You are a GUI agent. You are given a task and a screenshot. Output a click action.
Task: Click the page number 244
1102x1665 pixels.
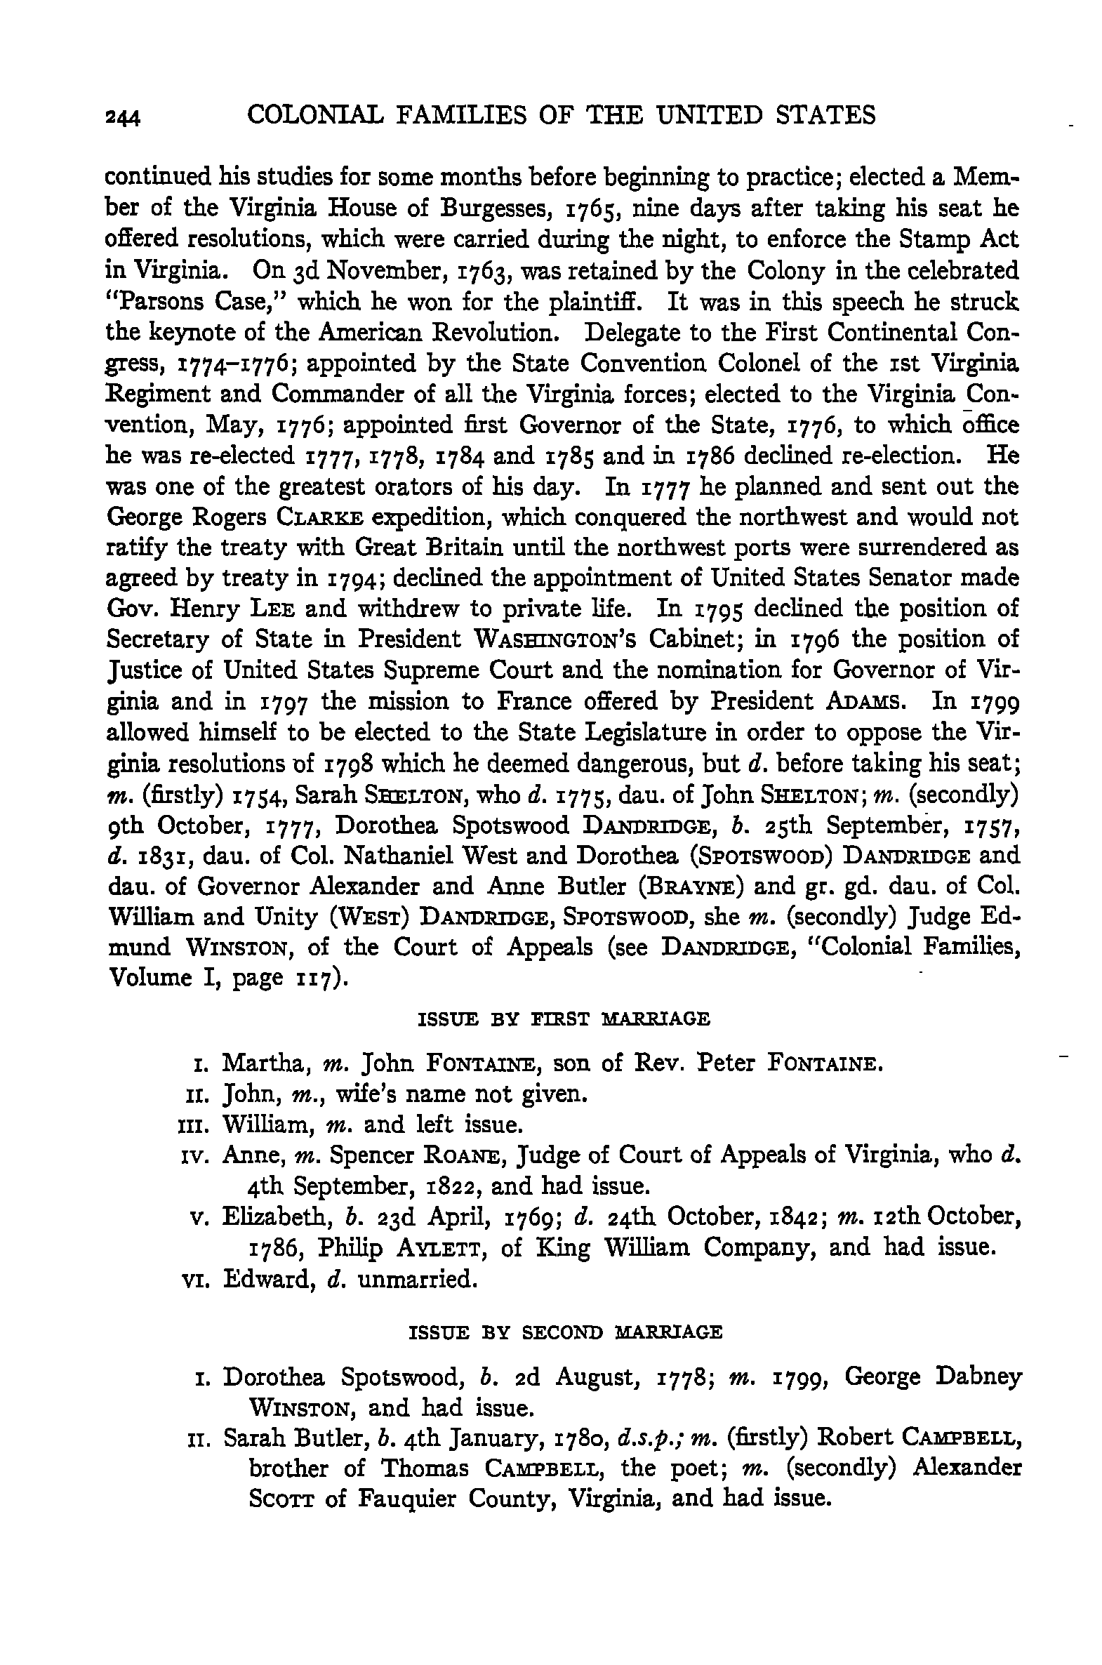(x=123, y=117)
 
